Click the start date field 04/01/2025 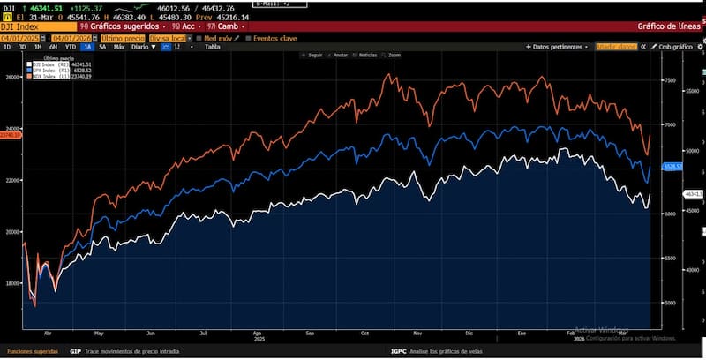[x=23, y=38]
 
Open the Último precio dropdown [x=122, y=38]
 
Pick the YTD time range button [x=70, y=47]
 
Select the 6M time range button [x=53, y=47]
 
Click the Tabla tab [x=212, y=47]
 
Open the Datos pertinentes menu [x=558, y=47]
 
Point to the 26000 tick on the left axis [x=12, y=78]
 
